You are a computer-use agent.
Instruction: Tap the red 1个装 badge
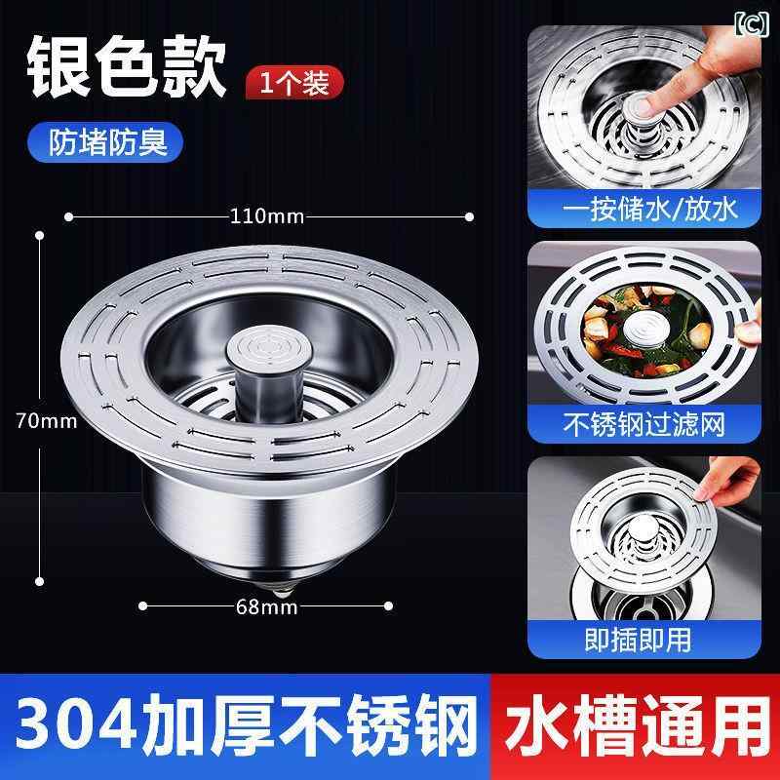point(294,83)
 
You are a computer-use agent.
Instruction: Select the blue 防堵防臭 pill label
point(105,142)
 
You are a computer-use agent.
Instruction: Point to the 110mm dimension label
point(266,216)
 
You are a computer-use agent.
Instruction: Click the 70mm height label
point(46,421)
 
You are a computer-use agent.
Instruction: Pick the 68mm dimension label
point(266,606)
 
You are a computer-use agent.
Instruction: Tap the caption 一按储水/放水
point(649,209)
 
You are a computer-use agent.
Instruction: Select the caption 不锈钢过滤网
point(644,424)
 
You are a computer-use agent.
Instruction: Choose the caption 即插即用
point(638,640)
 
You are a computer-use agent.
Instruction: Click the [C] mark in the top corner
point(751,23)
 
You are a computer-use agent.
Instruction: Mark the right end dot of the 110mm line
point(469,216)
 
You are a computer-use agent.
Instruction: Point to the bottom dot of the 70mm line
point(40,581)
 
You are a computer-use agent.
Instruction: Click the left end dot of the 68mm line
point(142,605)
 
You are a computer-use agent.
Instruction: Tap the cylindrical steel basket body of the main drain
point(269,523)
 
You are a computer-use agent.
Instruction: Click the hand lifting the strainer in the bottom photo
point(726,478)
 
